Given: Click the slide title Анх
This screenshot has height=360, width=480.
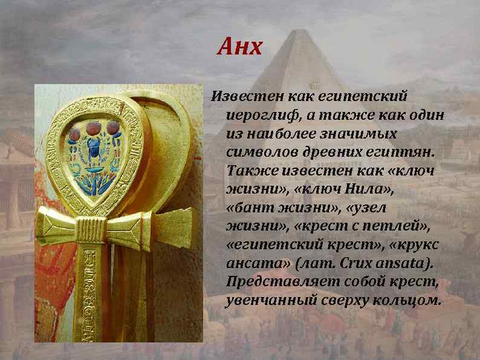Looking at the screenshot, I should [240, 47].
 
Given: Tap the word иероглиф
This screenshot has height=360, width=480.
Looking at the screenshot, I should [256, 115].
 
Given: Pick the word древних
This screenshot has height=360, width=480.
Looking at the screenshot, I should [320, 151].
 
